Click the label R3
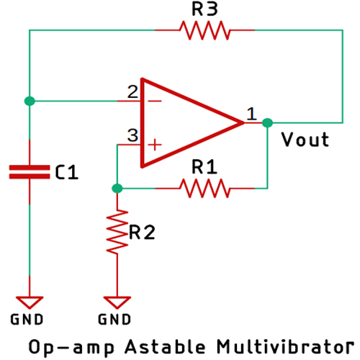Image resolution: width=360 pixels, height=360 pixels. tap(204, 9)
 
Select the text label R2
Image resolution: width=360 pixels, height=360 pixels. tap(142, 232)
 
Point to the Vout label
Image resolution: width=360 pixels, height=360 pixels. tap(305, 140)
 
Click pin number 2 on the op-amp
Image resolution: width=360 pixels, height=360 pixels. tap(132, 92)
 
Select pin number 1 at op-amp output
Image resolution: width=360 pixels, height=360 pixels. tap(251, 113)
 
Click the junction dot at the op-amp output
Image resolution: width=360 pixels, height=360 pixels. tap(267, 122)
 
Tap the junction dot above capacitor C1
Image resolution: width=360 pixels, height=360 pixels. tap(29, 101)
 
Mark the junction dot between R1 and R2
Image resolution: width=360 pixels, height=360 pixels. tap(117, 189)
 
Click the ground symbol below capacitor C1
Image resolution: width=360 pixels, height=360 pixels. tap(29, 301)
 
